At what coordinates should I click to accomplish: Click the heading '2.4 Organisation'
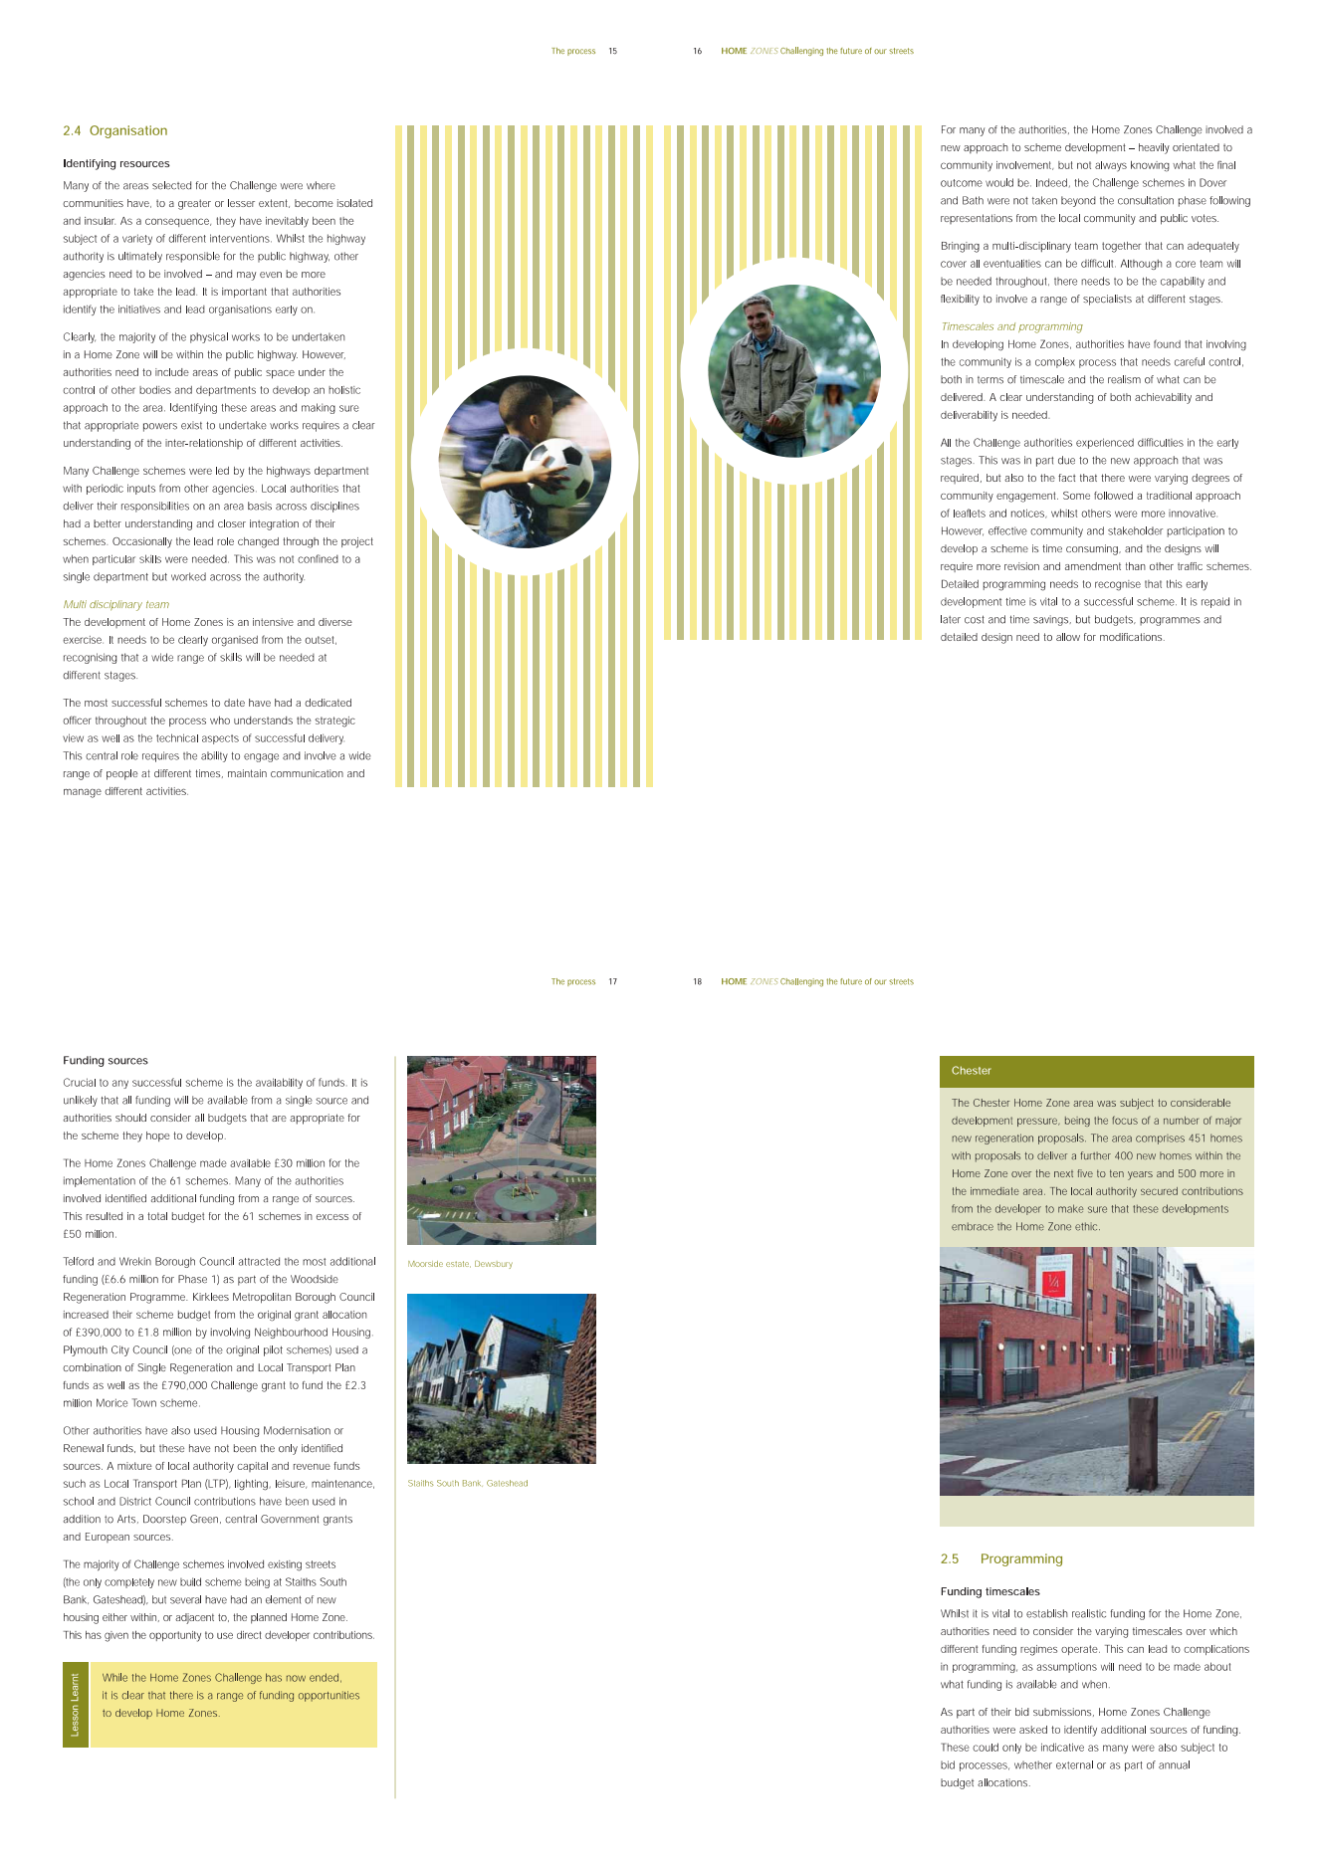(x=114, y=130)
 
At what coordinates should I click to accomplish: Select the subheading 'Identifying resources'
(x=116, y=163)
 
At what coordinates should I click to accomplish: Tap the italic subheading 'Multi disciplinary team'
(x=115, y=604)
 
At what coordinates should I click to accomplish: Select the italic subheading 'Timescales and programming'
(x=1011, y=326)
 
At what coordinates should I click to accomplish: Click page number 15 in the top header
(x=612, y=51)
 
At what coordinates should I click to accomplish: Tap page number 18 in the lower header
(x=697, y=981)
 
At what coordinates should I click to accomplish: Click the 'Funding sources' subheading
(x=106, y=1060)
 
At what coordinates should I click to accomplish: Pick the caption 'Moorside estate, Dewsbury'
(x=460, y=1264)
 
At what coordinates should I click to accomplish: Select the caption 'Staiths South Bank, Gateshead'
(x=468, y=1483)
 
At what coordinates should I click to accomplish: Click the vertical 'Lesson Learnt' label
(x=76, y=1704)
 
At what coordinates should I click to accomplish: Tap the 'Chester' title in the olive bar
(x=972, y=1071)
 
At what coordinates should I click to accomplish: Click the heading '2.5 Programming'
(x=1001, y=1558)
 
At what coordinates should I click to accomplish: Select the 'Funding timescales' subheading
(x=989, y=1591)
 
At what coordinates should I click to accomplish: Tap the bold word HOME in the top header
(x=734, y=51)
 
